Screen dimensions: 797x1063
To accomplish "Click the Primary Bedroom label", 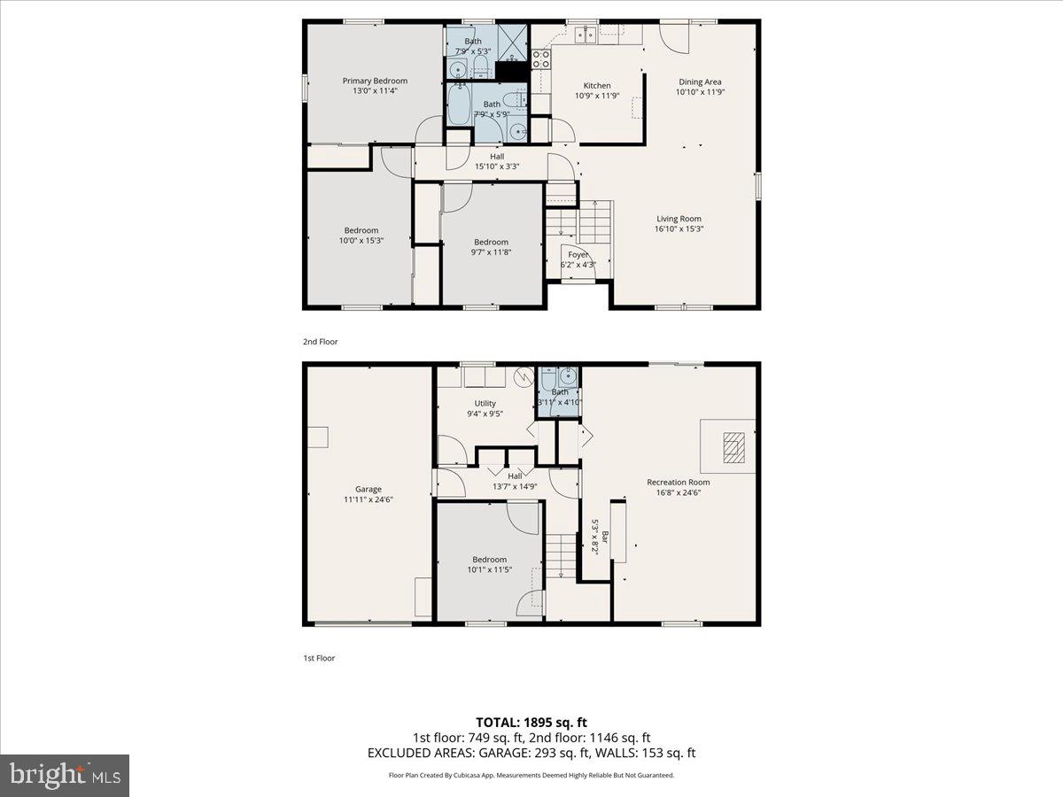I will pos(375,81).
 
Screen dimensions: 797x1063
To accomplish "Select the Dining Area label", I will pos(700,81).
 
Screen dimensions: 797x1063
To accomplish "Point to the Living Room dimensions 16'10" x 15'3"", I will pos(679,228).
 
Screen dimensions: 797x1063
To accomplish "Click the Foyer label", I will pos(578,254).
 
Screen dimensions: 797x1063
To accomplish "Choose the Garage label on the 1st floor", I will pos(369,489).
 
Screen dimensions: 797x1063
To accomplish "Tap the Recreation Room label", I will pos(678,483).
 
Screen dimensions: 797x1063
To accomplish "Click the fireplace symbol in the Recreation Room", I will pos(731,447).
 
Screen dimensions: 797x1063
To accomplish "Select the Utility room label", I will pos(485,403).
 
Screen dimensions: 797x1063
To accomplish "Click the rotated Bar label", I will pos(605,537).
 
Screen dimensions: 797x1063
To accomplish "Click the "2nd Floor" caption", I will pos(320,341).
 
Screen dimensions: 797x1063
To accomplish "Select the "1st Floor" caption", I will pos(319,658).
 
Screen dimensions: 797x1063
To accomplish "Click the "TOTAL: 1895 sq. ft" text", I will pos(531,721).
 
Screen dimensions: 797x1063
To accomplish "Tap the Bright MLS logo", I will pos(65,776).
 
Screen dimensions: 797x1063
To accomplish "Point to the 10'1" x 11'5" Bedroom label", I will pos(489,559).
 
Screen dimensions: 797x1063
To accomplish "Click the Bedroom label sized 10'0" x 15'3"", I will pos(361,230).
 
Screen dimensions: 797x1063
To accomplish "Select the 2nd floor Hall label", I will pos(497,157).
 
